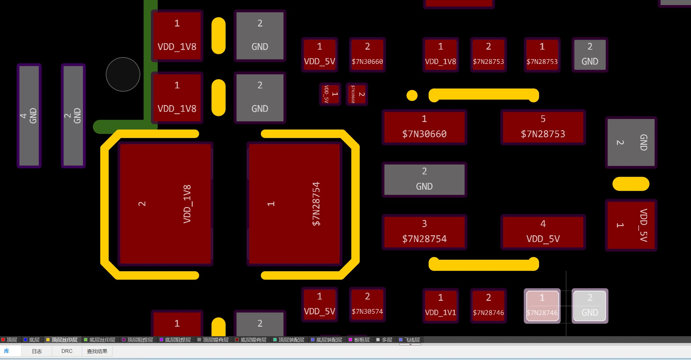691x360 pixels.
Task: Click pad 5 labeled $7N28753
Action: pyautogui.click(x=543, y=127)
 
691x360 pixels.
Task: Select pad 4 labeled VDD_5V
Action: pyautogui.click(x=543, y=232)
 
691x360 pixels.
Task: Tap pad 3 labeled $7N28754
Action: pyautogui.click(x=424, y=232)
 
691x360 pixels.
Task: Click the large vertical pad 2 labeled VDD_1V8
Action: pyautogui.click(x=166, y=204)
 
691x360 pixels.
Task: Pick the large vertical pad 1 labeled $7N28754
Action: pyautogui.click(x=294, y=204)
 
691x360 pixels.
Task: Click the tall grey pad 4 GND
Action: pyautogui.click(x=29, y=116)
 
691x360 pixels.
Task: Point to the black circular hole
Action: pyautogui.click(x=123, y=74)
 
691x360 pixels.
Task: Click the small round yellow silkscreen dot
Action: pyautogui.click(x=412, y=96)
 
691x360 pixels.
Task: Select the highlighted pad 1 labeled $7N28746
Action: pyautogui.click(x=542, y=306)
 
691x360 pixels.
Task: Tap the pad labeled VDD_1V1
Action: pyautogui.click(x=440, y=305)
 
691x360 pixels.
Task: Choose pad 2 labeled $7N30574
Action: pyautogui.click(x=367, y=304)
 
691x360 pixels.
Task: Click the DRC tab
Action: pyautogui.click(x=67, y=351)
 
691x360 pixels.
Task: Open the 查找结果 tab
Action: pyautogui.click(x=97, y=351)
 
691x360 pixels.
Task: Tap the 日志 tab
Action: pyautogui.click(x=37, y=351)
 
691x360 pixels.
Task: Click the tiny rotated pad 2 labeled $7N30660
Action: pyautogui.click(x=357, y=94)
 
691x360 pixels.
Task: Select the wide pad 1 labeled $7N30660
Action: pyautogui.click(x=424, y=127)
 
